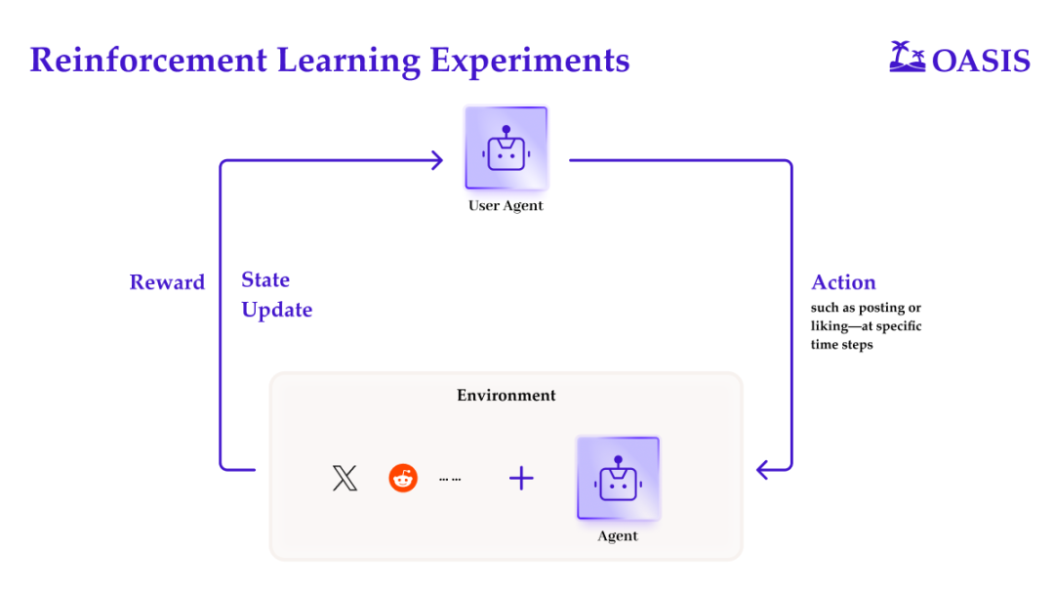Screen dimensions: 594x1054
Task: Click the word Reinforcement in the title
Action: point(148,61)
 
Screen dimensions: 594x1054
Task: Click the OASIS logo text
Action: point(981,62)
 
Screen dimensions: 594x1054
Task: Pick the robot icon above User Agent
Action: point(506,148)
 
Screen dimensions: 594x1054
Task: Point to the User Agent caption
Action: point(506,206)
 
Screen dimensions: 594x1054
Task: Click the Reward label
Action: point(167,282)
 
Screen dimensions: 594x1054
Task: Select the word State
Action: point(265,280)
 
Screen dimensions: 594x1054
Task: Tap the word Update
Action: point(277,311)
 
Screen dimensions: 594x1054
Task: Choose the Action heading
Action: point(843,283)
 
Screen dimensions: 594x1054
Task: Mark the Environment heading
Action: point(506,396)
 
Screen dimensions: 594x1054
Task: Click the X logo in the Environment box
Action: point(345,478)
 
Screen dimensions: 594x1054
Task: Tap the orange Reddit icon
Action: point(403,478)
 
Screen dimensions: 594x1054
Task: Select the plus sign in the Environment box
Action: point(522,478)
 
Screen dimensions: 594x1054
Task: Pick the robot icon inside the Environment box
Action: point(618,478)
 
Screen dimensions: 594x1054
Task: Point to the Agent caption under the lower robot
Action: point(618,536)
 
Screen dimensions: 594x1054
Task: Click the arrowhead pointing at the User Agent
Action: point(437,160)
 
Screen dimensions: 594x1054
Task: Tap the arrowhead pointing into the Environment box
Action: point(764,471)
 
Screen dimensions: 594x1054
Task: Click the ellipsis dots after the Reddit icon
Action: point(450,480)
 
